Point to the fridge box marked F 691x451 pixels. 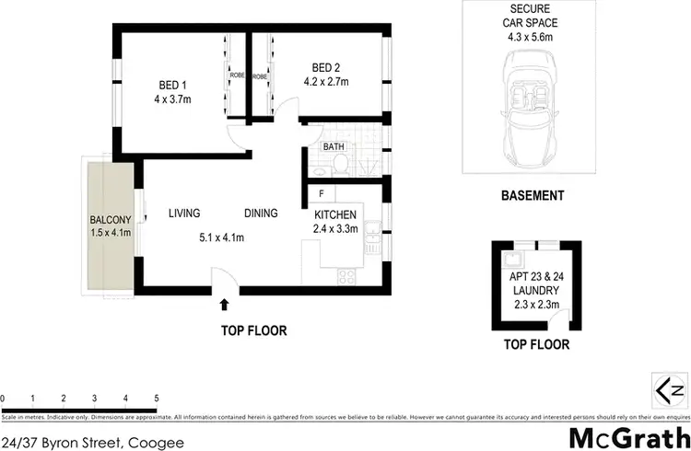[321, 194]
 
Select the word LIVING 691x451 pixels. [184, 214]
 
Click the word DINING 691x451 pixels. [261, 214]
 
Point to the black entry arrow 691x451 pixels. [224, 303]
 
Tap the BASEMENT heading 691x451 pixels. [532, 195]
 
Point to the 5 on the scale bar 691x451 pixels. [157, 399]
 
